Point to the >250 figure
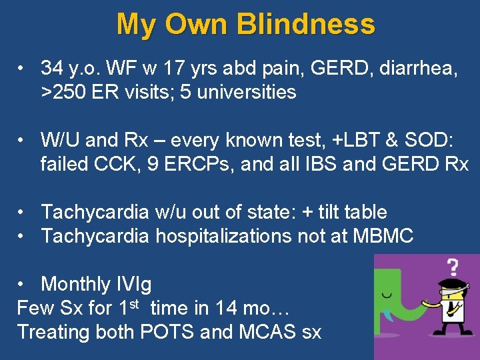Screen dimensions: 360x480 pos(64,92)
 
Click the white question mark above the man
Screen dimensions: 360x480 pos(452,267)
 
